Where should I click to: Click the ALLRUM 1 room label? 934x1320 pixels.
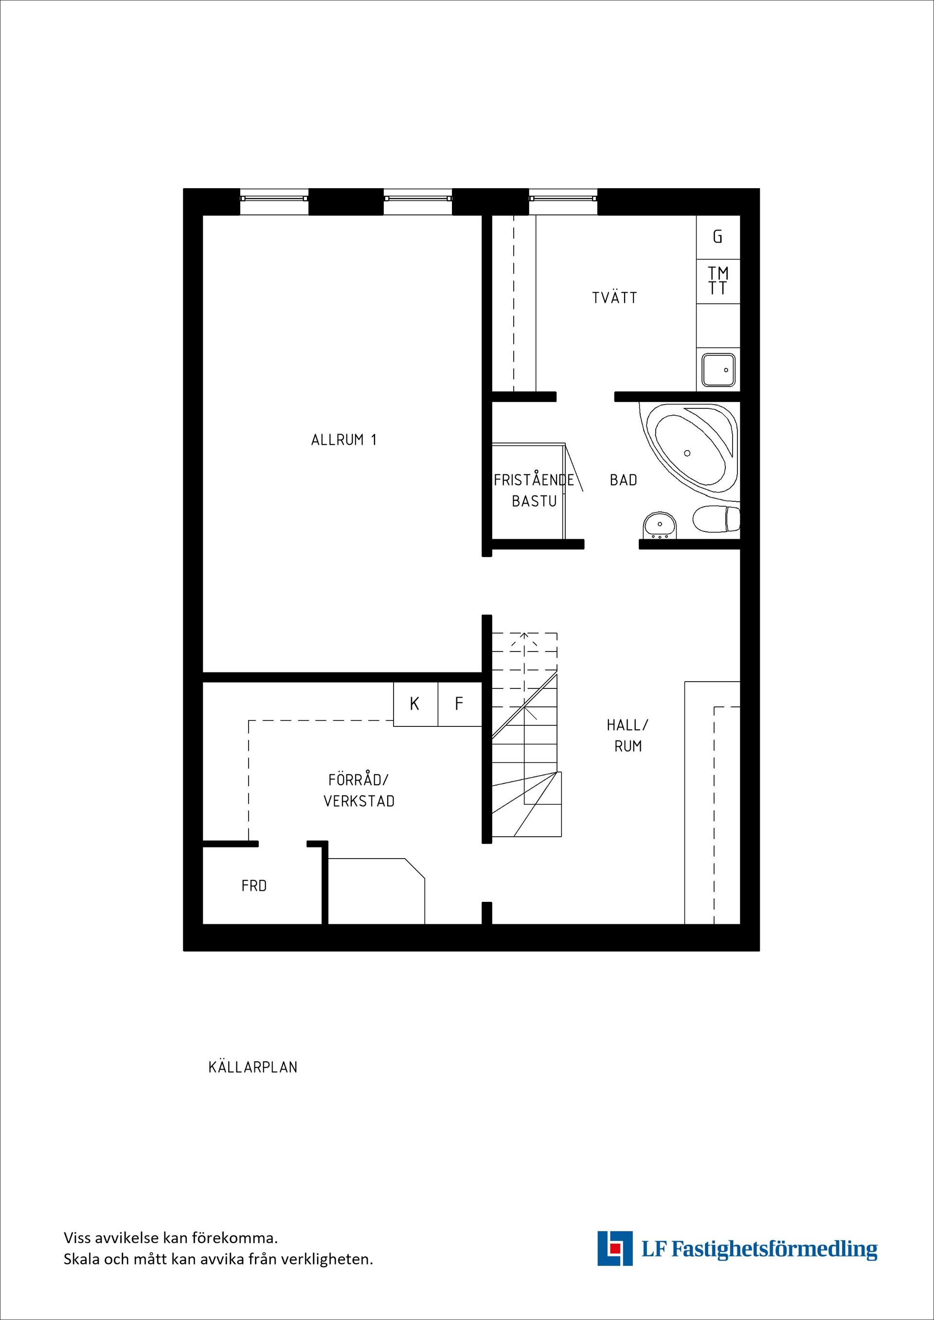pyautogui.click(x=343, y=440)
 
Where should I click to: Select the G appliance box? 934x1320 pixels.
pyautogui.click(x=718, y=237)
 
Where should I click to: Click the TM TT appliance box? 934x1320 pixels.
pyautogui.click(x=718, y=281)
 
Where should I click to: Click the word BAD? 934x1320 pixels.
pyautogui.click(x=624, y=480)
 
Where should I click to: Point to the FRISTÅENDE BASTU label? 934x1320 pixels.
pyautogui.click(x=534, y=491)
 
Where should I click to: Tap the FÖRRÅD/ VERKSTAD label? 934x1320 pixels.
pyautogui.click(x=359, y=791)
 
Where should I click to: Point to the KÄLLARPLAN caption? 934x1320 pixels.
pyautogui.click(x=253, y=1068)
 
